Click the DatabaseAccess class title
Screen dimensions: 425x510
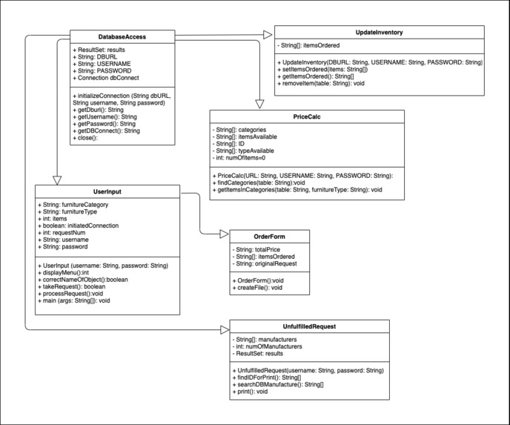coord(122,36)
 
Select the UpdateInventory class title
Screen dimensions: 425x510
coord(380,32)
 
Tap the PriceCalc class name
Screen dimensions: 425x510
coord(306,116)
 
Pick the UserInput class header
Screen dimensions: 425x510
coord(107,191)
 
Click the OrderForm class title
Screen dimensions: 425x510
coord(267,237)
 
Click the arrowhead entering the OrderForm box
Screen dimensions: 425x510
coord(225,234)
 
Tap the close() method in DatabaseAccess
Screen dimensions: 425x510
coord(88,138)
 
